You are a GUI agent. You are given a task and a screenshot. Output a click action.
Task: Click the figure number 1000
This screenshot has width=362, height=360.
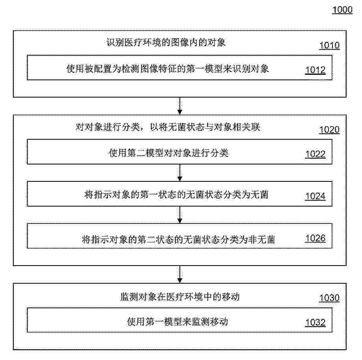tap(342, 10)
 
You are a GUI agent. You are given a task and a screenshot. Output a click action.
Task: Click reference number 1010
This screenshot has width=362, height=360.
tap(329, 45)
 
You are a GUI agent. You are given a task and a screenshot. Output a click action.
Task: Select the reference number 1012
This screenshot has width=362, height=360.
tap(316, 70)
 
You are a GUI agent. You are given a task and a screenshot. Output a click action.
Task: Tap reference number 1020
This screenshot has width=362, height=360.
tap(329, 130)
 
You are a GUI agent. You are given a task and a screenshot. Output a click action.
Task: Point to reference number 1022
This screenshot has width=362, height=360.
tap(316, 154)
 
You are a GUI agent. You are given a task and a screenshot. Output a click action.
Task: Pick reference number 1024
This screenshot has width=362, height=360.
tap(316, 196)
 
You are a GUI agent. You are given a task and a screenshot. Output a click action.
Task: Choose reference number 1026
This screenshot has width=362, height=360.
tap(316, 238)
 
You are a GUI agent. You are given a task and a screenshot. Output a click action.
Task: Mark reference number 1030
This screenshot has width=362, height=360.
tap(329, 298)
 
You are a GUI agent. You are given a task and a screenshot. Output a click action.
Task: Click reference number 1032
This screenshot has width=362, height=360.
tap(316, 322)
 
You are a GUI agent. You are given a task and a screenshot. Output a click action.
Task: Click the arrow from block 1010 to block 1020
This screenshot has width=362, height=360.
tap(180, 106)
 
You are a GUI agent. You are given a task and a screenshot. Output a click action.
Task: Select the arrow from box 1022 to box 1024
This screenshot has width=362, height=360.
tap(180, 173)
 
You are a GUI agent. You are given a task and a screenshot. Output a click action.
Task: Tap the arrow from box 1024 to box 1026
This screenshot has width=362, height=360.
tap(180, 215)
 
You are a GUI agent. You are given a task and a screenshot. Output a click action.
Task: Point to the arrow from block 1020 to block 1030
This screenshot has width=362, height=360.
tap(180, 275)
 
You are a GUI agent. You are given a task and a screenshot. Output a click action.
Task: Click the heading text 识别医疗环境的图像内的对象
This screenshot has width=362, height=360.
tap(166, 42)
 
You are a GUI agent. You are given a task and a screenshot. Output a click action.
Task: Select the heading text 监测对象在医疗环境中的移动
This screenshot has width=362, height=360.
tap(180, 297)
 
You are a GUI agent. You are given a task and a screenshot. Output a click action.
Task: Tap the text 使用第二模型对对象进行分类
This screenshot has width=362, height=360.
tap(169, 153)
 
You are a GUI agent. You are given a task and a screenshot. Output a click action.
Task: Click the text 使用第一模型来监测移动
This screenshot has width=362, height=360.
tap(178, 321)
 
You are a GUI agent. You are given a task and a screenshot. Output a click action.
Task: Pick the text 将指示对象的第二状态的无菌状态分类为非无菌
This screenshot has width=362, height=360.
tap(178, 240)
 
